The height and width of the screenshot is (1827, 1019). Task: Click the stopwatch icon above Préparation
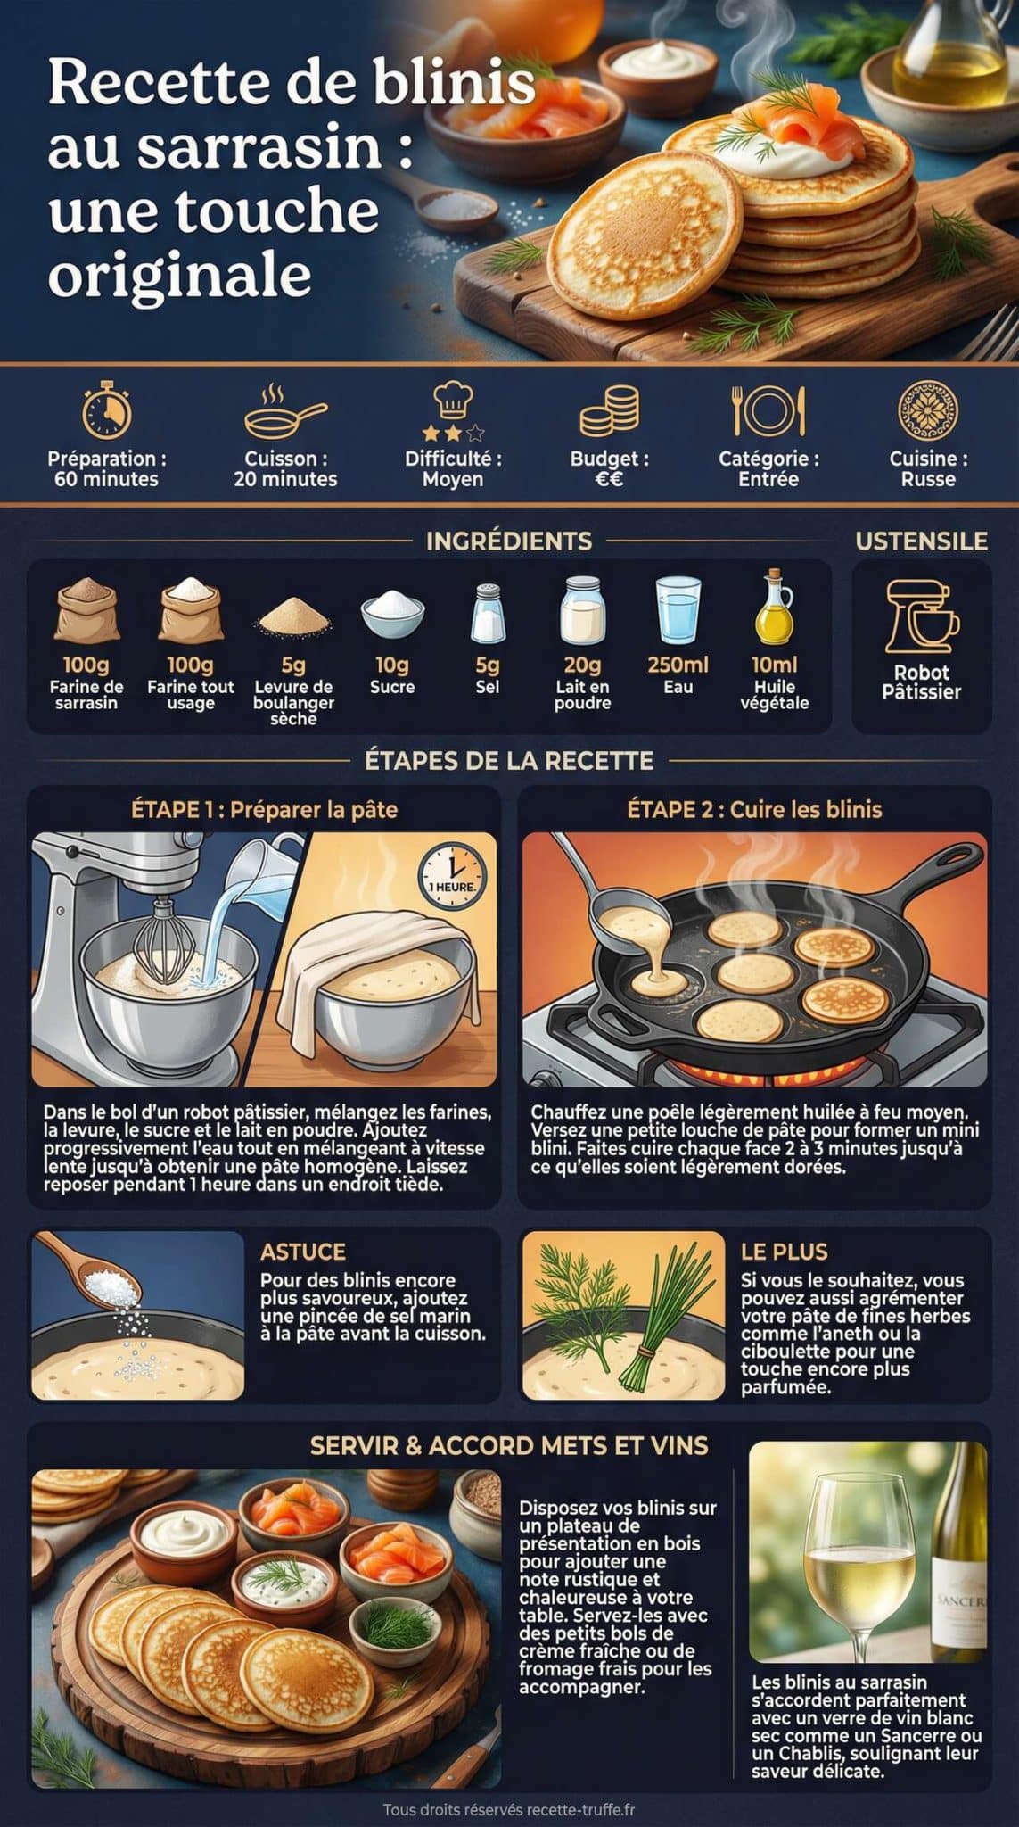[107, 412]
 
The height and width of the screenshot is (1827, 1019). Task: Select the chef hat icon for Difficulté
[453, 401]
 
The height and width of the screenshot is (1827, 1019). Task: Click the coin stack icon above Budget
[610, 411]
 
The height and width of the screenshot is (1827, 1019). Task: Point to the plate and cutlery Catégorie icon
[768, 410]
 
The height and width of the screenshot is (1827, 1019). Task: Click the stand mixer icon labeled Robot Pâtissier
[921, 616]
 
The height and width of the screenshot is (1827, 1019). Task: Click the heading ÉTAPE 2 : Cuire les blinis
[754, 809]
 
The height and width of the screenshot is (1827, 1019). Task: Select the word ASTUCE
[302, 1252]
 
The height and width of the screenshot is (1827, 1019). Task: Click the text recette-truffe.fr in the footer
[581, 1810]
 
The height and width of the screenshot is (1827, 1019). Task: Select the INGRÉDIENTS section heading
[509, 541]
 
